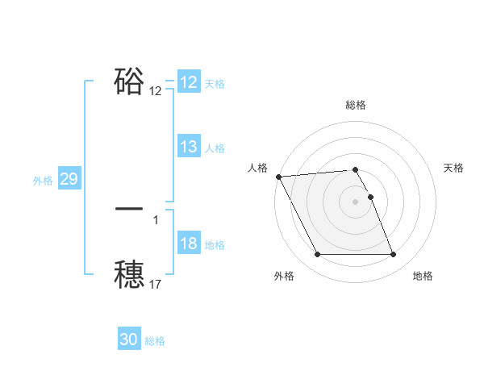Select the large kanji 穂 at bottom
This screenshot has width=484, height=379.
(x=129, y=273)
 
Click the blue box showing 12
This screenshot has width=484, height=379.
(x=189, y=82)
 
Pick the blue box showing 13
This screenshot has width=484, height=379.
(x=189, y=147)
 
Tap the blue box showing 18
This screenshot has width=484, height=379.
(x=189, y=244)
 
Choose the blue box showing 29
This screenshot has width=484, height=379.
(x=69, y=179)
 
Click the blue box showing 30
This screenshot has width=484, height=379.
(x=129, y=339)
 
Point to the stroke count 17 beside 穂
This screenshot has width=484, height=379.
(x=156, y=284)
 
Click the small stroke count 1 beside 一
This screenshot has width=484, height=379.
(x=156, y=219)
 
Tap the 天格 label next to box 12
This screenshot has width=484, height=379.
(x=215, y=84)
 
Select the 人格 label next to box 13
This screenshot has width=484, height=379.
(x=215, y=148)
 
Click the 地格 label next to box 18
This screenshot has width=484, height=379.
(x=215, y=245)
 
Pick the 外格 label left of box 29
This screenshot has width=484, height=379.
(x=43, y=181)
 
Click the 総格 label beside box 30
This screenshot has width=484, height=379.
(x=155, y=341)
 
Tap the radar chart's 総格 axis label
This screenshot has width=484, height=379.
(x=355, y=105)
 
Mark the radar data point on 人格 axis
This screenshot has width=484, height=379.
(x=278, y=177)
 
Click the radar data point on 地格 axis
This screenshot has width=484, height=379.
(x=393, y=255)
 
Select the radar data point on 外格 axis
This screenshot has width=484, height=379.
(x=317, y=255)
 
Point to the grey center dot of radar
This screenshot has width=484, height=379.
(x=355, y=202)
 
